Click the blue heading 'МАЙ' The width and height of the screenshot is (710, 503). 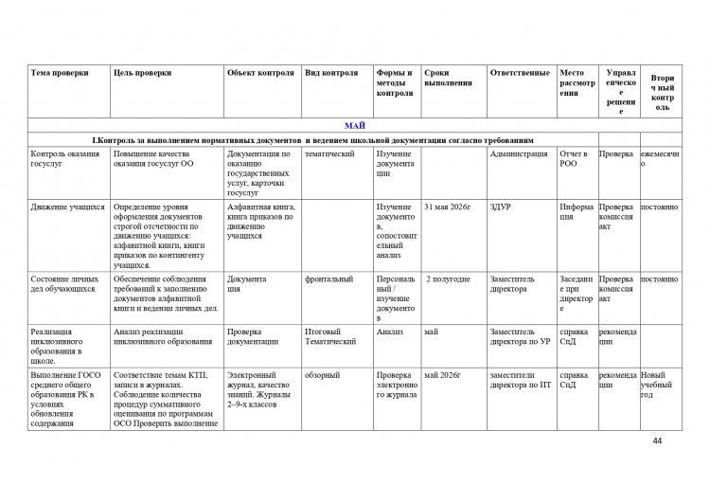pyautogui.click(x=356, y=125)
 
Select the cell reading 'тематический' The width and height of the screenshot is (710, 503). pyautogui.click(x=330, y=153)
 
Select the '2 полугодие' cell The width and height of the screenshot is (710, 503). pyautogui.click(x=449, y=279)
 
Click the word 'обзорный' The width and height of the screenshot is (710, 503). pyautogui.click(x=322, y=375)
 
